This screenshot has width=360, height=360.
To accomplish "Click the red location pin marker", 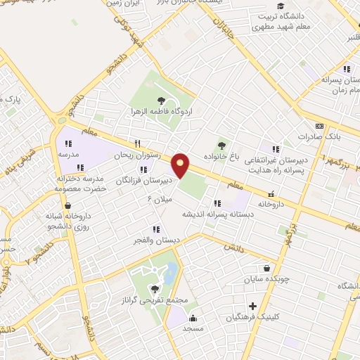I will point(181,165).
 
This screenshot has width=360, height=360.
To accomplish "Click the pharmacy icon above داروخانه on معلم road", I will point(270,195).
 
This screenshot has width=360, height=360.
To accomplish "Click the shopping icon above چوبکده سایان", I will point(266,267).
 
